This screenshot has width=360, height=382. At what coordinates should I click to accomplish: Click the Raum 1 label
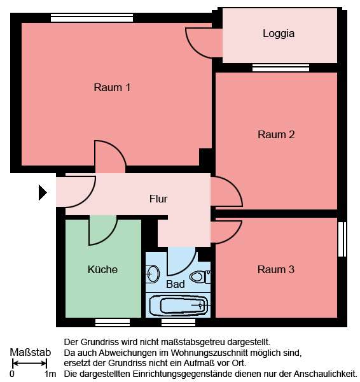click(x=112, y=87)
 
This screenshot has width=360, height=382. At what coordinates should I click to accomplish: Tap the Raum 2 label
click(x=276, y=134)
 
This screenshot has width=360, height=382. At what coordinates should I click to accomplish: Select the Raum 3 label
click(x=276, y=269)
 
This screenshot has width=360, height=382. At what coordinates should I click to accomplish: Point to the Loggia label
click(x=279, y=34)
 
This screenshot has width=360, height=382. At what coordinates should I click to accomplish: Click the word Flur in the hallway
click(x=158, y=199)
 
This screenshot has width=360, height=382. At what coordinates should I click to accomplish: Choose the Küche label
click(x=102, y=269)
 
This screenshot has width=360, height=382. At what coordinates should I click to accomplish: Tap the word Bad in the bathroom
click(x=176, y=284)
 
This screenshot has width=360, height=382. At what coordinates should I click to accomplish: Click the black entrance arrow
click(x=43, y=192)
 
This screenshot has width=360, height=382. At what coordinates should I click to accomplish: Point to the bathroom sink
click(x=152, y=274)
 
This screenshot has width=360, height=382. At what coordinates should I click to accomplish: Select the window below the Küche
click(x=113, y=322)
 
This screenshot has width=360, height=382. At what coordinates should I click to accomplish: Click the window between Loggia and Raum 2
click(x=280, y=67)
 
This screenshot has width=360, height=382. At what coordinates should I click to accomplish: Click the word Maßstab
click(x=30, y=352)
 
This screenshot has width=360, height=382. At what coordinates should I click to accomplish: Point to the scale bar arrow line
click(x=30, y=364)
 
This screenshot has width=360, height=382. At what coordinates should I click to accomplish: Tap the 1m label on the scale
click(x=50, y=374)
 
